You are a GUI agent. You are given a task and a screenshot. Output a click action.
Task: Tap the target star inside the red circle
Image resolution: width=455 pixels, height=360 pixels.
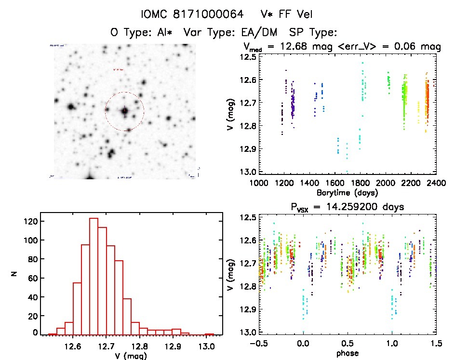click(124, 111)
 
